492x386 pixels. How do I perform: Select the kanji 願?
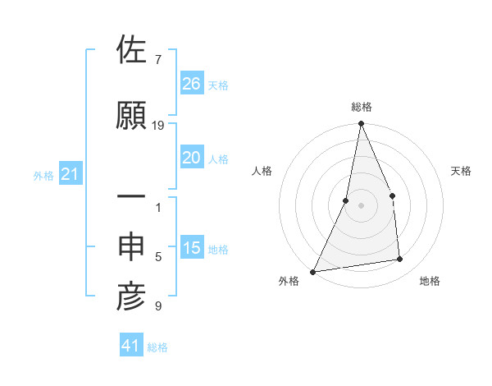pos(131,116)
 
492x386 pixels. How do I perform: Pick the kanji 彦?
pos(131,296)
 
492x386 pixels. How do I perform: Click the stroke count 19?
pos(158,125)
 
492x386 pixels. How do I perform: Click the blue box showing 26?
pos(192,84)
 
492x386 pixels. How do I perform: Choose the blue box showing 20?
pos(192,158)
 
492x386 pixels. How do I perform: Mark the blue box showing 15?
pos(192,248)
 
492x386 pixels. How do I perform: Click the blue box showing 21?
pos(70,174)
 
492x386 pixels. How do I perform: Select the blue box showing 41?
pos(131,347)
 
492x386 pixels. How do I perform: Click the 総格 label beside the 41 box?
pos(157,347)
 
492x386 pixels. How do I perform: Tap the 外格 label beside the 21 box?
pos(43,175)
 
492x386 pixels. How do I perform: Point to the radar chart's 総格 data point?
pos(361,124)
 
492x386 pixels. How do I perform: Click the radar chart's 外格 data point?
pos(313,271)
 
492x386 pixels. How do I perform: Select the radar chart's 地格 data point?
pos(400,260)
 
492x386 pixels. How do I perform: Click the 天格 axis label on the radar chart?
pos(462,171)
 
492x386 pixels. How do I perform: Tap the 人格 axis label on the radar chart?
pos(262,171)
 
